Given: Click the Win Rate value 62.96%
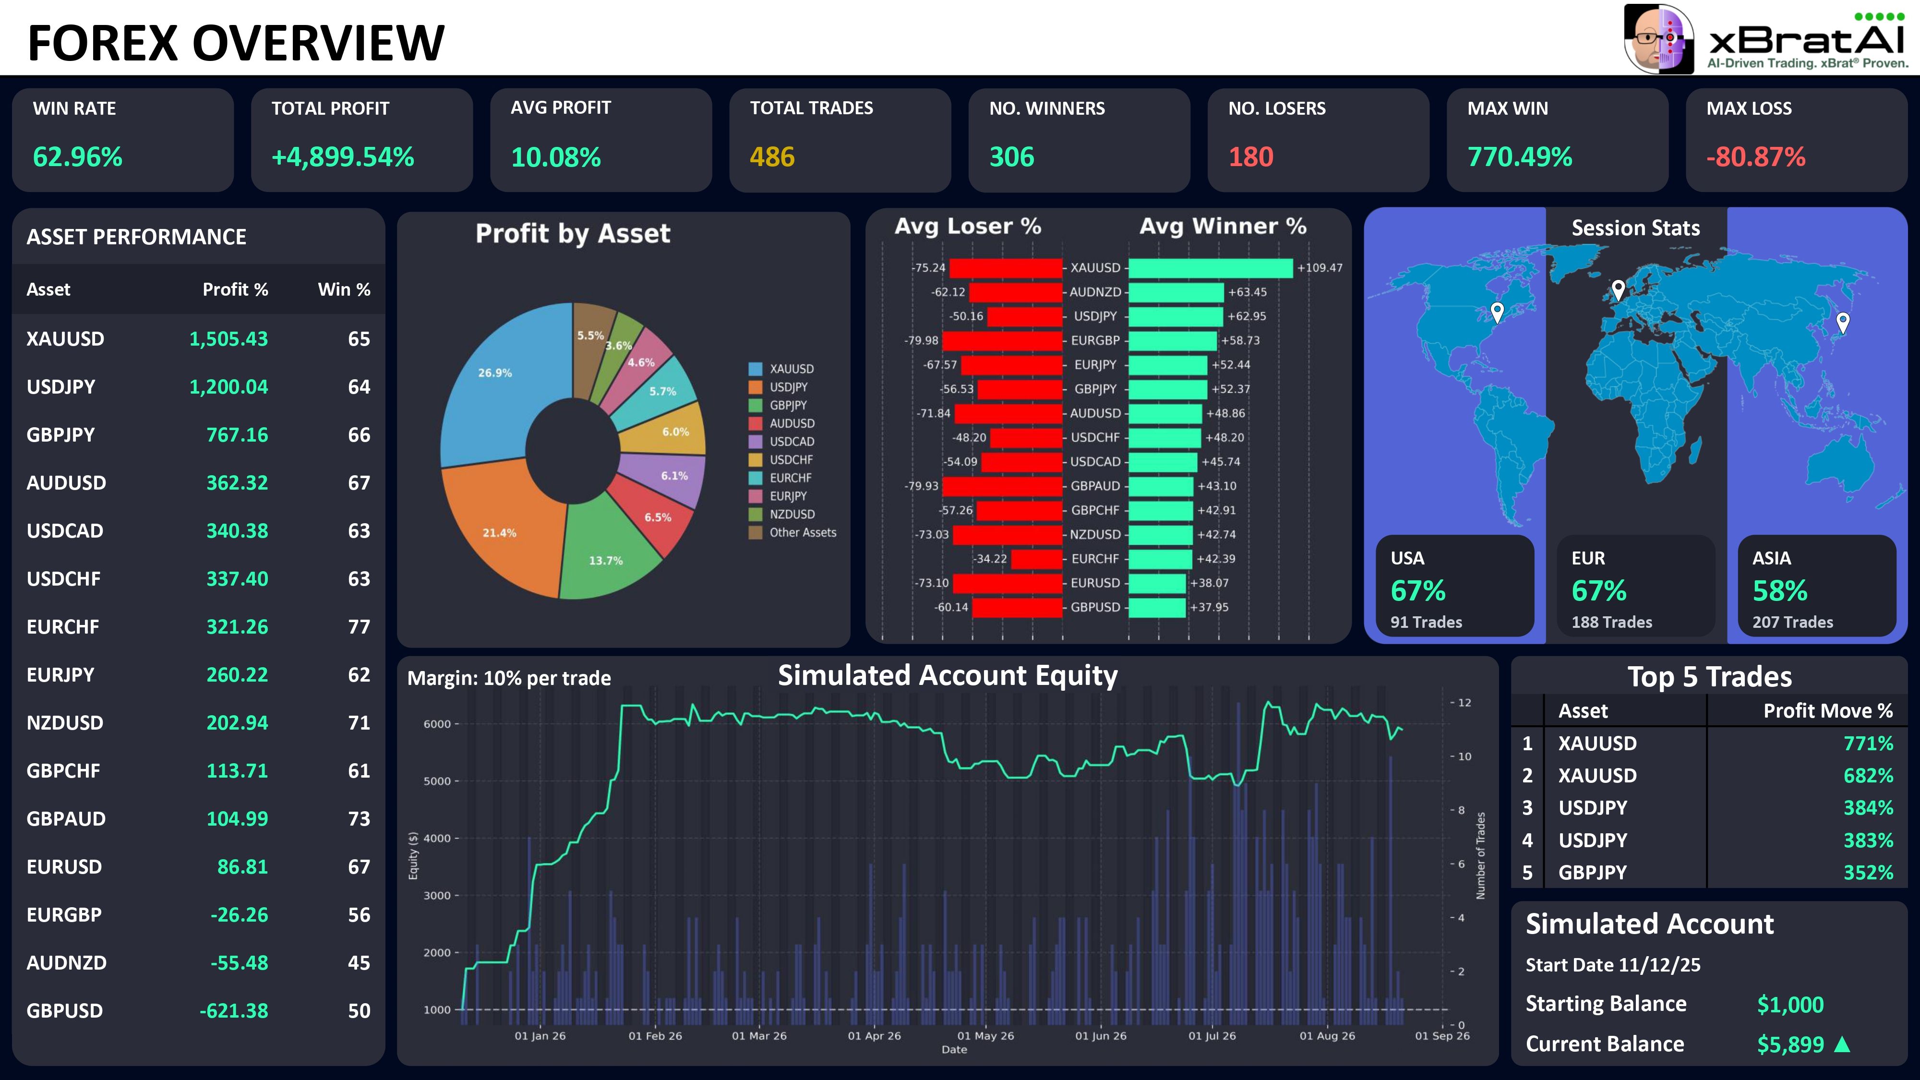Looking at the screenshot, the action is point(77,157).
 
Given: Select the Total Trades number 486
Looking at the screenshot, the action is point(772,157).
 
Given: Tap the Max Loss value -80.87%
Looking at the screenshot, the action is point(1756,157).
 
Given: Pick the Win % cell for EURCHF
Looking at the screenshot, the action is point(359,627).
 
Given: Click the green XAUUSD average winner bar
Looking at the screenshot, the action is point(1211,267).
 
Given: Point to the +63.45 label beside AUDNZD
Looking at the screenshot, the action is point(1247,292).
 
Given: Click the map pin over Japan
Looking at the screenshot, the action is point(1843,323).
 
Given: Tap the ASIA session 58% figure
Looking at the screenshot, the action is point(1780,591).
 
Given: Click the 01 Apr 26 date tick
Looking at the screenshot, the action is point(874,1036).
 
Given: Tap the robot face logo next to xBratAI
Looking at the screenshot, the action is point(1659,39).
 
